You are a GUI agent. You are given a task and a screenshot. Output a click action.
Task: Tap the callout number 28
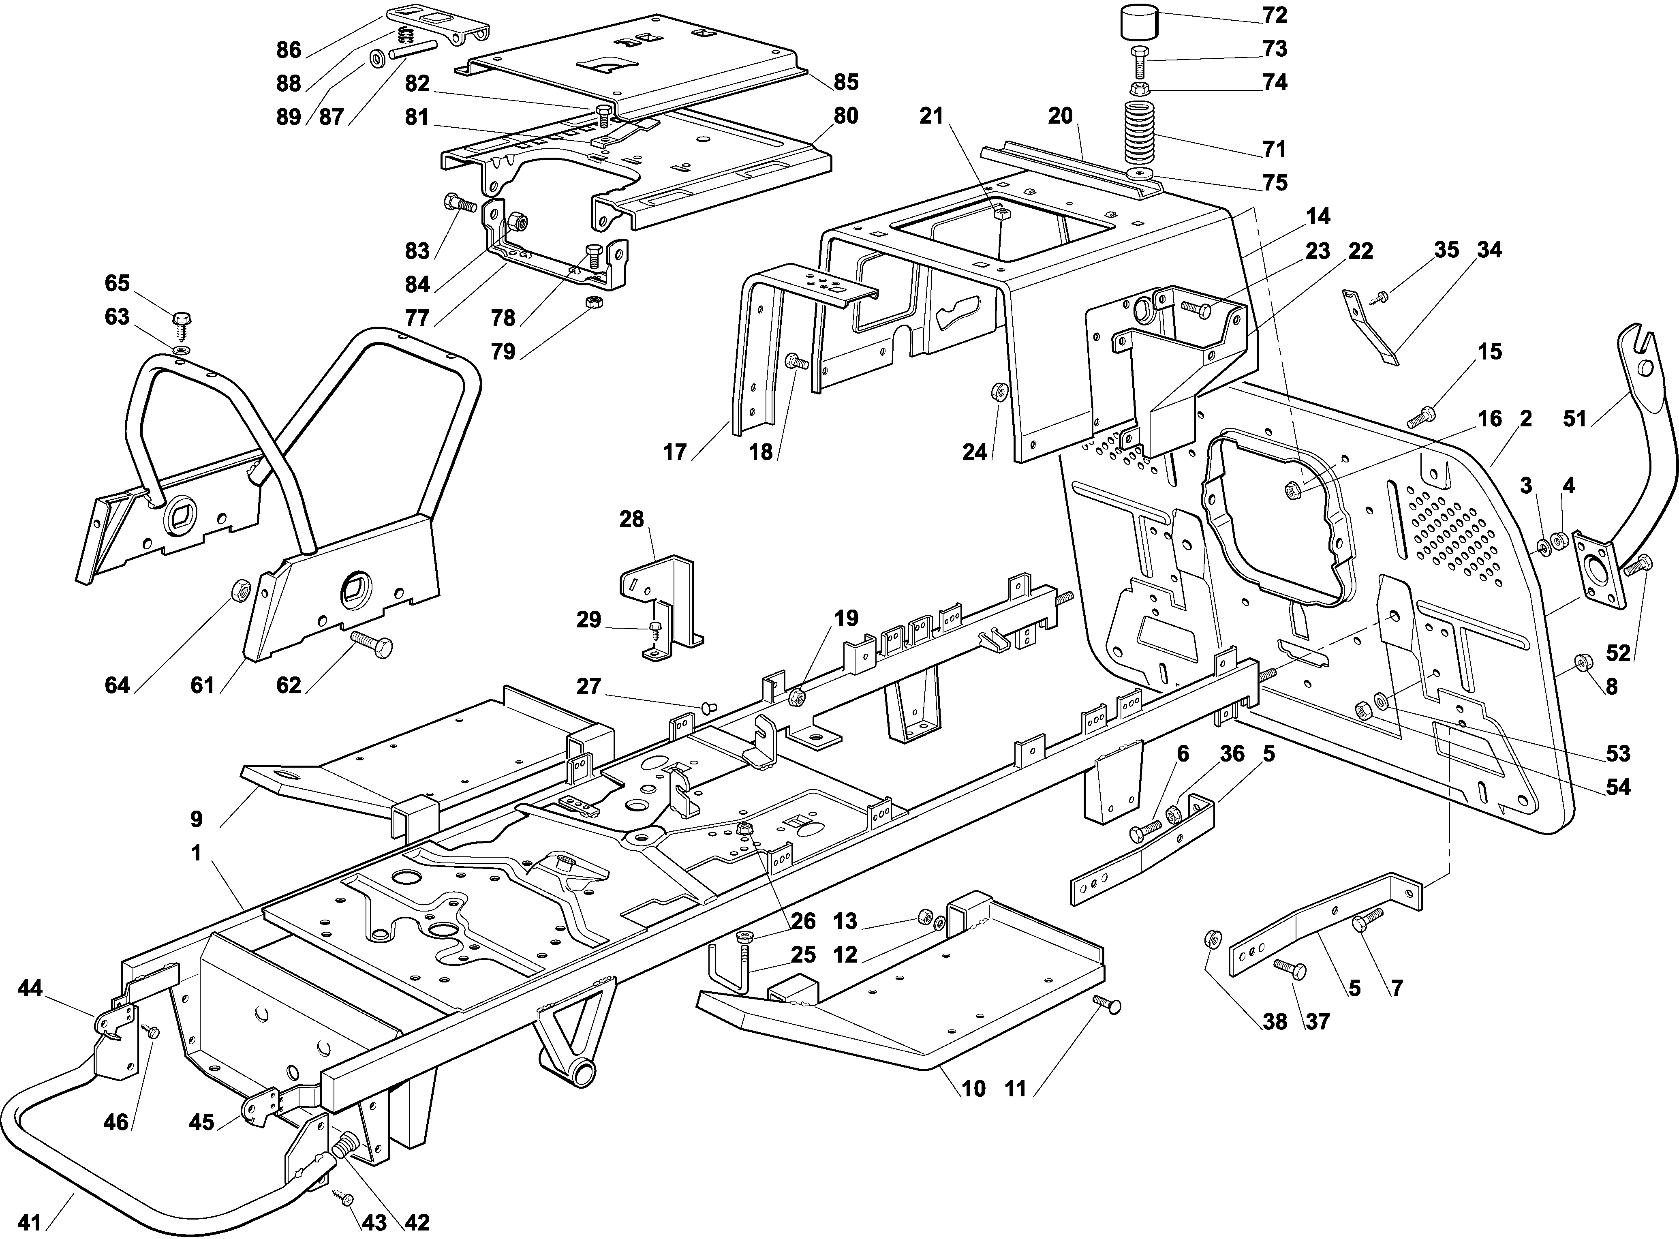[631, 519]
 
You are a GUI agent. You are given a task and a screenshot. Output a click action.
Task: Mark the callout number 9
[197, 819]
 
